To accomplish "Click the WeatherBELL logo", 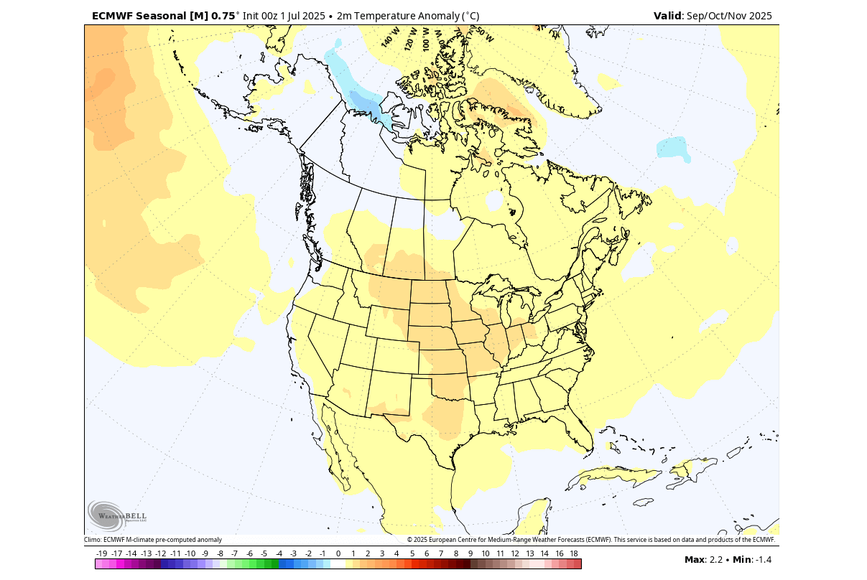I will pyautogui.click(x=116, y=515).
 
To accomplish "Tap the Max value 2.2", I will pyautogui.click(x=715, y=560).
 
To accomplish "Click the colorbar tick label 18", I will pyautogui.click(x=574, y=553).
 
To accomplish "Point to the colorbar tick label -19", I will pyautogui.click(x=102, y=553).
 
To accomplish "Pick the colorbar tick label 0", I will pyautogui.click(x=338, y=553).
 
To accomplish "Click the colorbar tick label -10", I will pyautogui.click(x=190, y=553).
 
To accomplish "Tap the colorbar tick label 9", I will pyautogui.click(x=470, y=553).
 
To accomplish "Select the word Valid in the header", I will pyautogui.click(x=667, y=16).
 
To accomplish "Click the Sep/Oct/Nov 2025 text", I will pyautogui.click(x=729, y=16).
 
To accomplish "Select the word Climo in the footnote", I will pyautogui.click(x=93, y=540).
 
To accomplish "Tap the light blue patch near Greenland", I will pyautogui.click(x=674, y=148).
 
